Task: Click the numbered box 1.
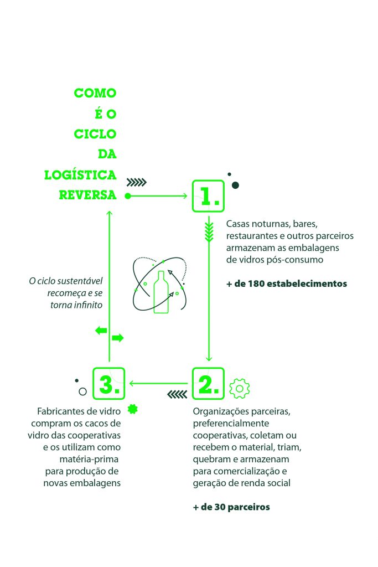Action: [x=208, y=196]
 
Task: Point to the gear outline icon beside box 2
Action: [x=239, y=389]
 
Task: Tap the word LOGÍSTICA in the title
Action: [x=81, y=175]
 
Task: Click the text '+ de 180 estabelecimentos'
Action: [x=287, y=283]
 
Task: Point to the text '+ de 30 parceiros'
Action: [x=231, y=507]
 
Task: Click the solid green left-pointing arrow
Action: [x=101, y=331]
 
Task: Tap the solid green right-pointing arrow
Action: [x=117, y=338]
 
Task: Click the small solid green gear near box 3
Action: [x=132, y=410]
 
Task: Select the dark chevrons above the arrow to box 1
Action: [x=136, y=182]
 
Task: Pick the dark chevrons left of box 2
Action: [x=177, y=394]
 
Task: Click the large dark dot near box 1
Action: [x=235, y=185]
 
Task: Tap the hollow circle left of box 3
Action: [x=82, y=391]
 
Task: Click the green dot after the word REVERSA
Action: [x=128, y=196]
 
